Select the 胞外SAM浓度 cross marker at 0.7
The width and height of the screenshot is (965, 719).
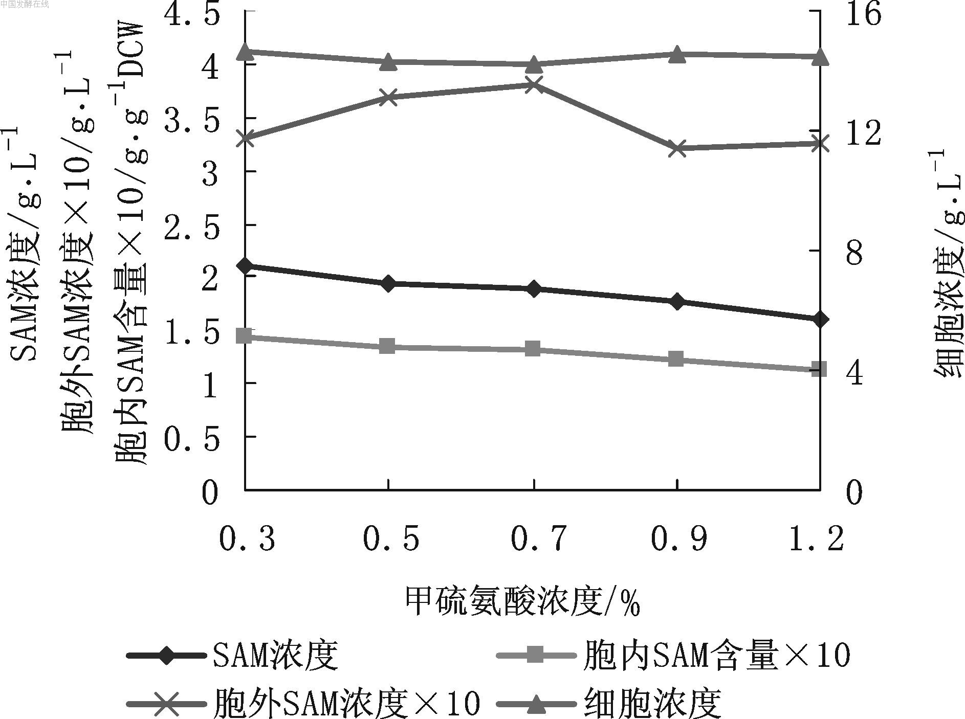point(534,85)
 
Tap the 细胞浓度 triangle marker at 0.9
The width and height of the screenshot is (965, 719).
point(677,54)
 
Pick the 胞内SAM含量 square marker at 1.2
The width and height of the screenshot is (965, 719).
point(820,369)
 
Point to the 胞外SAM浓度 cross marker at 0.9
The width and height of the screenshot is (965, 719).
point(677,149)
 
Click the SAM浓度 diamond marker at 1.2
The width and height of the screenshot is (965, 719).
point(820,320)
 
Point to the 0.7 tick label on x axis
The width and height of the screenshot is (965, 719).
point(539,538)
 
